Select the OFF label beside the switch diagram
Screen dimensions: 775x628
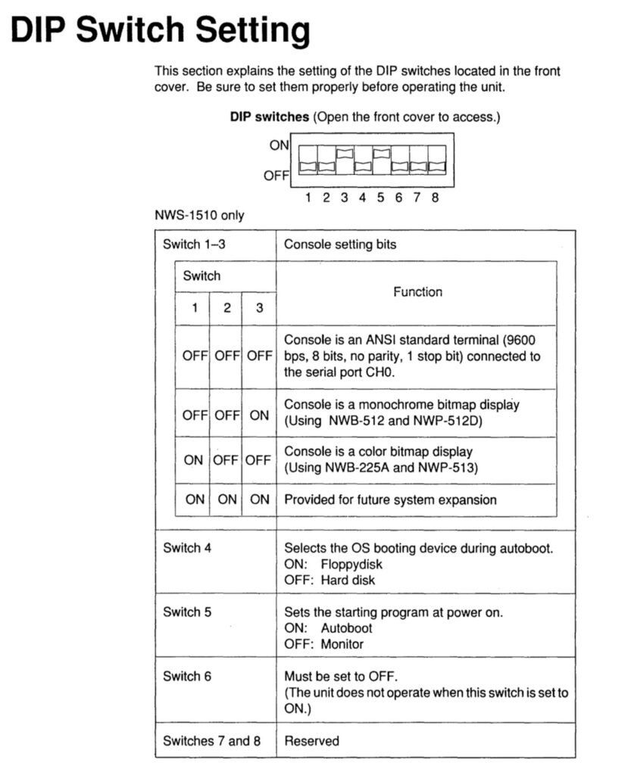point(277,176)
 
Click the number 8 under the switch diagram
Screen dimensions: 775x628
point(435,198)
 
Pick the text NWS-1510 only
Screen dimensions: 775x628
point(199,216)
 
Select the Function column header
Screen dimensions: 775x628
point(417,291)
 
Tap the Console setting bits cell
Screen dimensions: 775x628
point(339,244)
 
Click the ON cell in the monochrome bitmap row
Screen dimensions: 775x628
point(259,415)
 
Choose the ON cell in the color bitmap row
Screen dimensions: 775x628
point(194,459)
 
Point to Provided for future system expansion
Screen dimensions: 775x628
point(390,500)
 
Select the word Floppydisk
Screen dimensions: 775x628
point(351,565)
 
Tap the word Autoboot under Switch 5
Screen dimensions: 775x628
point(346,628)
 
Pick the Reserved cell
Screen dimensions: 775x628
point(311,741)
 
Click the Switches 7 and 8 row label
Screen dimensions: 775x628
point(211,741)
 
